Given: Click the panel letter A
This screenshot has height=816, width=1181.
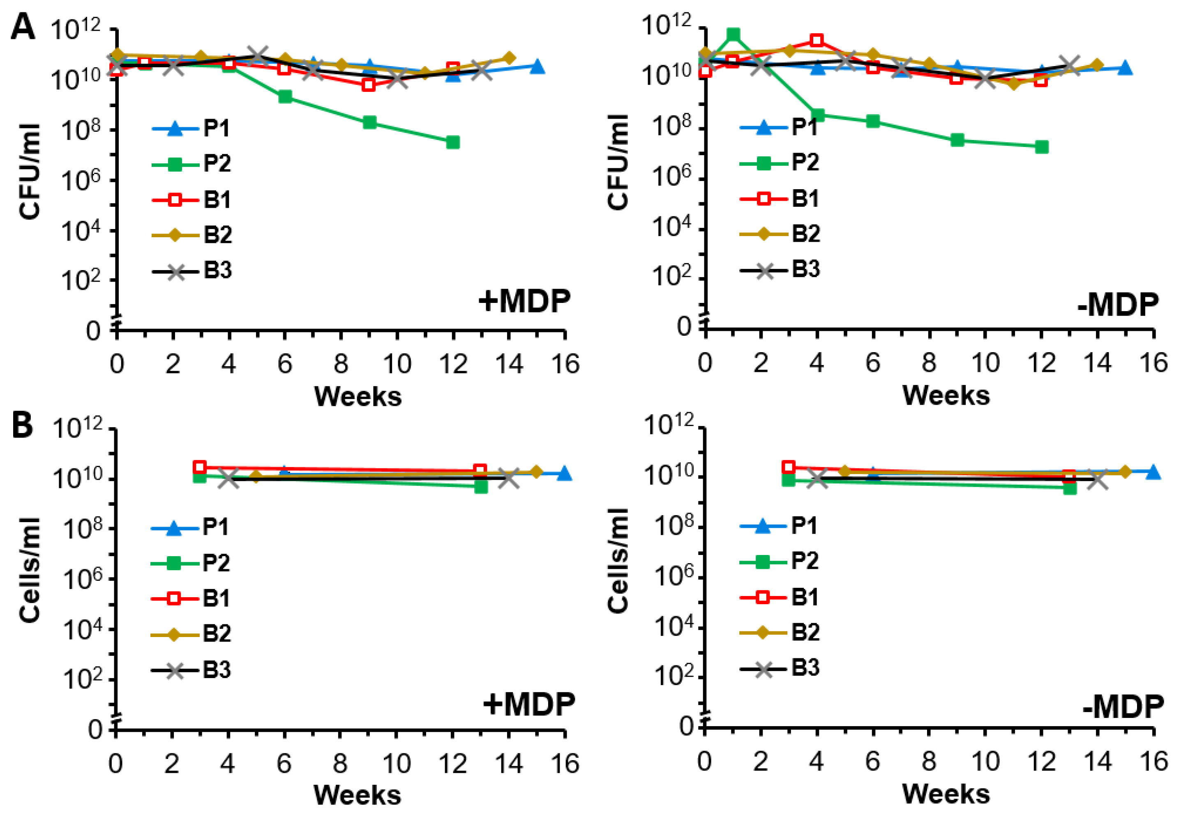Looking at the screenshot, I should click(23, 27).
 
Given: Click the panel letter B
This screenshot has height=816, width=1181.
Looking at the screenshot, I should click(23, 425).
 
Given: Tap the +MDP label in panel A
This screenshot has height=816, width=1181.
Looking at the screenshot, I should click(524, 301).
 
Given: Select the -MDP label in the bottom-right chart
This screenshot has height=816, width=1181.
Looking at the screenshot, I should click(1123, 707).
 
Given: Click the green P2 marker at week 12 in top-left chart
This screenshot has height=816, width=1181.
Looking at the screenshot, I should click(452, 142).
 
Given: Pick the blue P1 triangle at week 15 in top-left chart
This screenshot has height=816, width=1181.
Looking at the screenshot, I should click(537, 66).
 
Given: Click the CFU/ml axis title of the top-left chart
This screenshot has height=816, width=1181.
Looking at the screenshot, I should click(30, 171).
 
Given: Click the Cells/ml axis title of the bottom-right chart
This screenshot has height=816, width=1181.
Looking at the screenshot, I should click(618, 561).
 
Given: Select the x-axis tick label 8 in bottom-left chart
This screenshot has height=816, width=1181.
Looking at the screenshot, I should click(340, 764).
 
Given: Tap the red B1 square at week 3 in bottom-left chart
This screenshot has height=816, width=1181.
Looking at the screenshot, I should click(200, 467).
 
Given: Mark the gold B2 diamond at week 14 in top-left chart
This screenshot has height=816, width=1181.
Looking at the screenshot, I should click(509, 58).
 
